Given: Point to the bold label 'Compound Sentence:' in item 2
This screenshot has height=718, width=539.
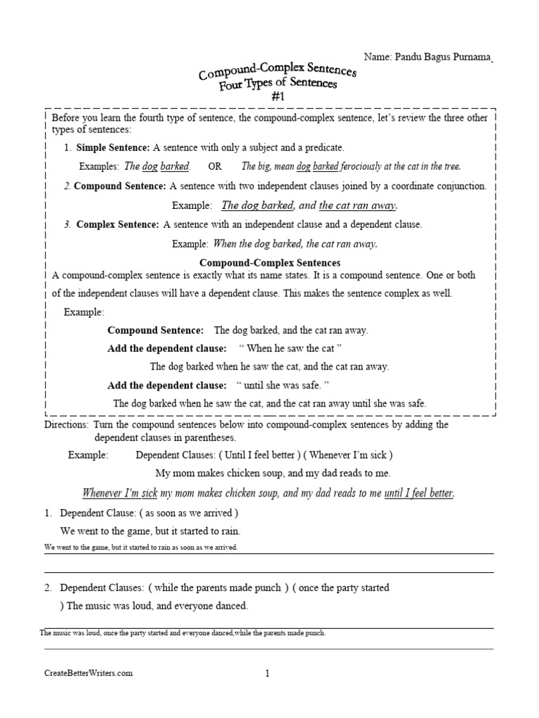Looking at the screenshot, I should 120,187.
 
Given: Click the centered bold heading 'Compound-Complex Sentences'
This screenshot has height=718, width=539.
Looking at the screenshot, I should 270,262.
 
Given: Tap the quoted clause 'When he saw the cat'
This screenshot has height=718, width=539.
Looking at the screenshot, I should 290,348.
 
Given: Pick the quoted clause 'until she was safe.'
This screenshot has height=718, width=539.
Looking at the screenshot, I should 283,385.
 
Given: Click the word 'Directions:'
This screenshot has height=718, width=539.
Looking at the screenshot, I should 67,425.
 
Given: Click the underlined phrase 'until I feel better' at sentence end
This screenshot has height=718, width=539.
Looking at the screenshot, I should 418,493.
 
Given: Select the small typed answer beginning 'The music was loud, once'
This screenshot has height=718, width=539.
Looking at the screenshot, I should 182,633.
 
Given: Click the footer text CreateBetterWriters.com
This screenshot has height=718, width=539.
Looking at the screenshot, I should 88,674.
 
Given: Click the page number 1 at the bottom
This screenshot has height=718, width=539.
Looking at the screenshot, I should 267,675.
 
